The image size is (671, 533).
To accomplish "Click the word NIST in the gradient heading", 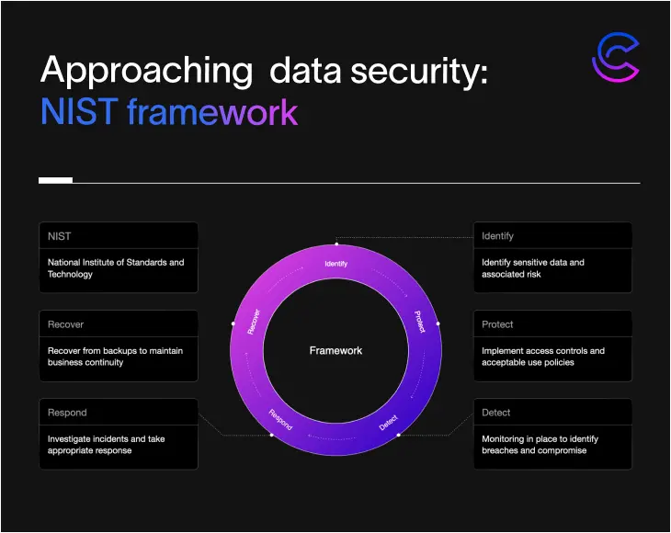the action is pyautogui.click(x=79, y=111).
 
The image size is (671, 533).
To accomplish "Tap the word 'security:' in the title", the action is pyautogui.click(x=419, y=71).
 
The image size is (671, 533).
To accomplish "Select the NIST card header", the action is pyautogui.click(x=119, y=235).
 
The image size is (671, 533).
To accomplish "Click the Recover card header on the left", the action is pyautogui.click(x=119, y=323).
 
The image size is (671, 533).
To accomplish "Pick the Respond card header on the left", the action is pyautogui.click(x=119, y=412).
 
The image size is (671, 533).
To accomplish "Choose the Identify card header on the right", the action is pyautogui.click(x=552, y=235).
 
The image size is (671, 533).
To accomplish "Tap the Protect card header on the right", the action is pyautogui.click(x=552, y=323).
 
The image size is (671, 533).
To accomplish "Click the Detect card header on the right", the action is pyautogui.click(x=552, y=412).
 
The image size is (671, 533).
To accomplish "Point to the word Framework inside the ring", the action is pyautogui.click(x=335, y=350).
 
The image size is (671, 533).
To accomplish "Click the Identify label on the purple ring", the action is pyautogui.click(x=335, y=264).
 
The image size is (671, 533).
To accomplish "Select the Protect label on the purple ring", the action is pyautogui.click(x=420, y=322).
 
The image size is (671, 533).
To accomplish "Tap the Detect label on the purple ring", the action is pyautogui.click(x=389, y=423).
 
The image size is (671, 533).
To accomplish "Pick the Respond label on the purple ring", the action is pyautogui.click(x=280, y=420).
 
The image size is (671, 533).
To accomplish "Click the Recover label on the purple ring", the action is pyautogui.click(x=254, y=322).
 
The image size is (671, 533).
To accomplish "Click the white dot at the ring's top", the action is pyautogui.click(x=336, y=244).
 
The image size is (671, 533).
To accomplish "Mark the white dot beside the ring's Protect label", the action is pyautogui.click(x=438, y=323).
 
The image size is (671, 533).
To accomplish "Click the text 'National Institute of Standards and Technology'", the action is pyautogui.click(x=116, y=268).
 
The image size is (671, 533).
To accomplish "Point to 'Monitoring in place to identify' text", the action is pyautogui.click(x=540, y=438).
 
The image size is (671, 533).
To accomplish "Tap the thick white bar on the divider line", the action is pyautogui.click(x=56, y=180).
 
